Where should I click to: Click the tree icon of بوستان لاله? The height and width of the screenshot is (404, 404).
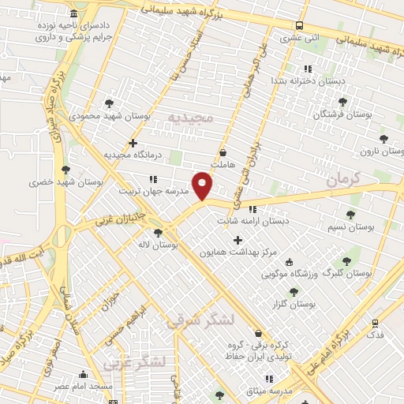pos(159,233)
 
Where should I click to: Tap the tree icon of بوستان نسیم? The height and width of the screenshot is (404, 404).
pos(350,214)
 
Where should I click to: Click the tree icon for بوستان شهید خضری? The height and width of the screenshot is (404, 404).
pos(65,170)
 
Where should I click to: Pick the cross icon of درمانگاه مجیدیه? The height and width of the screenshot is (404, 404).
pos(133,143)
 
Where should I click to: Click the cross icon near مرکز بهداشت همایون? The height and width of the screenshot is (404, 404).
pos(238,239)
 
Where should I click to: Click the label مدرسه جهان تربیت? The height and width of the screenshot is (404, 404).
pos(153,191)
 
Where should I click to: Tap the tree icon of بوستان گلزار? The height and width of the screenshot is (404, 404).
pos(294,291)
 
